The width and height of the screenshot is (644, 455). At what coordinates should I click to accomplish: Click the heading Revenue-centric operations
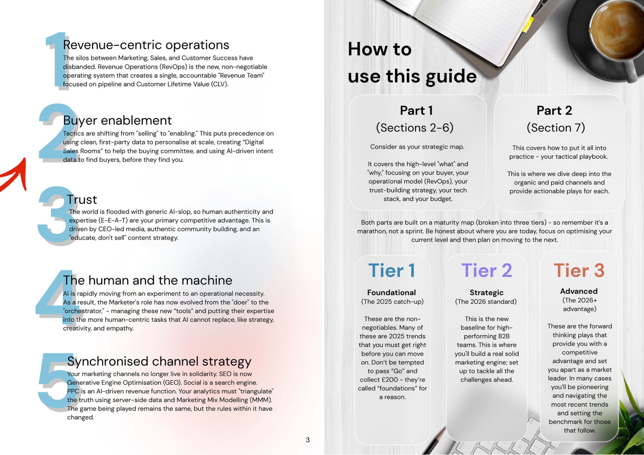tap(146, 45)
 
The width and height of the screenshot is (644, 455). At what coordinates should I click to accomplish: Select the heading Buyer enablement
tap(117, 120)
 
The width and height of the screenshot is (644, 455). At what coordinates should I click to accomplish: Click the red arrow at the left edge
tap(16, 175)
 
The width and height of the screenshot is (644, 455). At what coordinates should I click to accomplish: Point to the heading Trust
tap(82, 200)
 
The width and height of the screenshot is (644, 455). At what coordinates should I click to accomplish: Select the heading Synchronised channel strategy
tap(159, 361)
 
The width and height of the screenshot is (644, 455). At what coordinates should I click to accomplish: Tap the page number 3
tap(308, 440)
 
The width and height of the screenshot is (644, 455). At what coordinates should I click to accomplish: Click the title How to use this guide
tap(412, 63)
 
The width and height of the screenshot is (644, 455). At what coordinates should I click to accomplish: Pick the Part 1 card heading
tap(416, 111)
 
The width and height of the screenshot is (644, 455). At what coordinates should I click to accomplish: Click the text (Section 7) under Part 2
tap(556, 128)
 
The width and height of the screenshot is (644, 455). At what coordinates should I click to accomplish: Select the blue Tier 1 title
tap(392, 270)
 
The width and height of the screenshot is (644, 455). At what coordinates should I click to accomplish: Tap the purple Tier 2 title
tap(487, 270)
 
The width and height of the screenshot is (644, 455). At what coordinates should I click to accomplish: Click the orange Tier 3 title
tap(579, 270)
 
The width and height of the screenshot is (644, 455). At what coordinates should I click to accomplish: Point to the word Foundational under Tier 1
tap(391, 292)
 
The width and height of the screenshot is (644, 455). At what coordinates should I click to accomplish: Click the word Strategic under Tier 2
tap(486, 292)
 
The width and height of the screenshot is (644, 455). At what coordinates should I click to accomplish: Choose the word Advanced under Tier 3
tap(579, 291)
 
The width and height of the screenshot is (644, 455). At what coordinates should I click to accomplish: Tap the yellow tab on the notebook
tap(528, 24)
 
